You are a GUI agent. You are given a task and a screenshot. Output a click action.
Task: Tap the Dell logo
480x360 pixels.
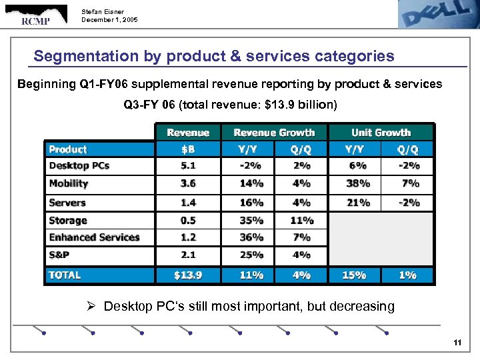click(x=433, y=14)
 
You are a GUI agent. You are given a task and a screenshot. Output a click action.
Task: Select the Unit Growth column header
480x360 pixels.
click(x=381, y=133)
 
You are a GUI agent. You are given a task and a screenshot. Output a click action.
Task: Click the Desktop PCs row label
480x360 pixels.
click(x=79, y=165)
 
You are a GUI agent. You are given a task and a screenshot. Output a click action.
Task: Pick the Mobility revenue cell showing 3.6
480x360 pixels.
click(x=188, y=183)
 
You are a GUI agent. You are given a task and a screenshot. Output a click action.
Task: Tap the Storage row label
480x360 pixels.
click(x=68, y=220)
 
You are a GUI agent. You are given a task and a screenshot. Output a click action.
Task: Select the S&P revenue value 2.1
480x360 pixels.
click(x=188, y=255)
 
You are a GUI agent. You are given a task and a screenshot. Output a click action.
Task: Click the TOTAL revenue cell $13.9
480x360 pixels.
click(x=188, y=275)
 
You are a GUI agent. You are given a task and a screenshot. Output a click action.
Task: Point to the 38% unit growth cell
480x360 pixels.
click(x=354, y=183)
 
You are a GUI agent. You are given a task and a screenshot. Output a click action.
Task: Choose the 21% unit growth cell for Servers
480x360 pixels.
click(x=354, y=203)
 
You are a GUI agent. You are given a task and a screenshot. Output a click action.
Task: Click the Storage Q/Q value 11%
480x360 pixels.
click(x=301, y=220)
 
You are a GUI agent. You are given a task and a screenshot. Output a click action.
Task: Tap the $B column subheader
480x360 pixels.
click(x=188, y=149)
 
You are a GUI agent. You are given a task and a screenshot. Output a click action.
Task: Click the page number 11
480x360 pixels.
click(x=457, y=343)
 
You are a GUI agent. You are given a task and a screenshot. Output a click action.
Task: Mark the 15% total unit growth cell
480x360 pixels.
click(x=354, y=275)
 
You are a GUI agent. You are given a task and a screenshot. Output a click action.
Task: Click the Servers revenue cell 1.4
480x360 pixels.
click(x=188, y=203)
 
